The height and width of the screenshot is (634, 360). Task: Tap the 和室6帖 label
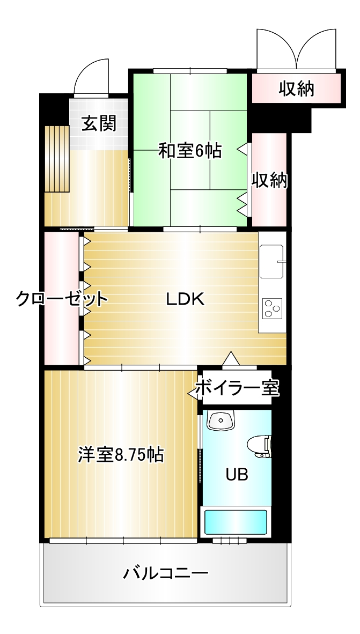point(189,151)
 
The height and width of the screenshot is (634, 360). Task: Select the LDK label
point(186,299)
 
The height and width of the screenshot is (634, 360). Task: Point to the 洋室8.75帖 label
point(121,455)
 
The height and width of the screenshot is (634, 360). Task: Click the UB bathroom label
point(237,475)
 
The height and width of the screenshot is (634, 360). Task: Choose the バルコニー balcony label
point(166,573)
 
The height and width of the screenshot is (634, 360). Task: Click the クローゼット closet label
point(62,299)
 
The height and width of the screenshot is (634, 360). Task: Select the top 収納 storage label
point(296,89)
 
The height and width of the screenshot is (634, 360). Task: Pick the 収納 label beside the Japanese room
point(270,180)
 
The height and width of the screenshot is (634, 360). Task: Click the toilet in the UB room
point(259,446)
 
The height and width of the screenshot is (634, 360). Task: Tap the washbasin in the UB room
point(221,420)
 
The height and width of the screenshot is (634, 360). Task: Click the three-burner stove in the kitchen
point(272,308)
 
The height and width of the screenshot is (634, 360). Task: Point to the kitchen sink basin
point(272,262)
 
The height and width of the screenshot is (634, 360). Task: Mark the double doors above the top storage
point(297,49)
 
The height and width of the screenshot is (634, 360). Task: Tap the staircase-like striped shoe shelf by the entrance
point(57,159)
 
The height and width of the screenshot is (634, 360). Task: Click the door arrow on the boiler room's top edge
point(231,358)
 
